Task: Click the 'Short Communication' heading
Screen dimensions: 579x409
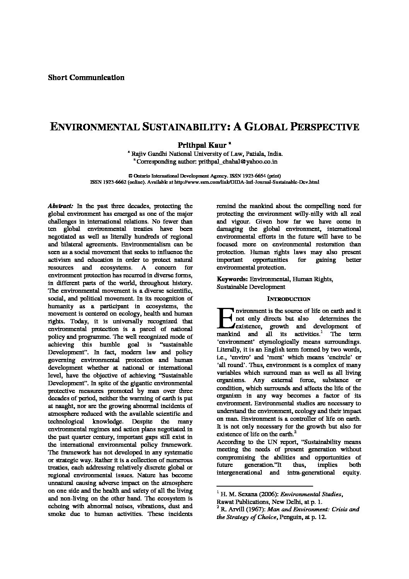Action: (86, 78)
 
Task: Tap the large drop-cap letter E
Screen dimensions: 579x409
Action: (225, 318)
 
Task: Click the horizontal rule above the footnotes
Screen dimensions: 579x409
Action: (264, 486)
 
